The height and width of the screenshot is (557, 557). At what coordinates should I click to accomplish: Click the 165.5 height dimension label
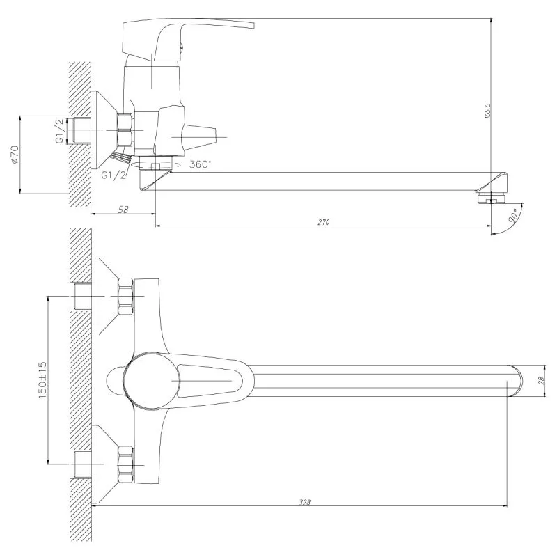pos(487,111)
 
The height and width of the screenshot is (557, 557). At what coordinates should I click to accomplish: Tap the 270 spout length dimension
pos(324,222)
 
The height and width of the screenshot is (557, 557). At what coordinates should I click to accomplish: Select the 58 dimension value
pos(123,210)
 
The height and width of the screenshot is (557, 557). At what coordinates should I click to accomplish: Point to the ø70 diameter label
pos(15,154)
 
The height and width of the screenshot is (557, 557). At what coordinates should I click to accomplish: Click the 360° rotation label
pos(200,164)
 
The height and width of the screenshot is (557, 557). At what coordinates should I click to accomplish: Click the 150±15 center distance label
pos(42,380)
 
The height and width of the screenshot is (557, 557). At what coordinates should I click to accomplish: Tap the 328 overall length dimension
pos(305,502)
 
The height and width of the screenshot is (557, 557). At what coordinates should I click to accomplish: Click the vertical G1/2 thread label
pos(60,131)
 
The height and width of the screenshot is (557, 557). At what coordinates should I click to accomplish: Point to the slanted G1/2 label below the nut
pos(113,175)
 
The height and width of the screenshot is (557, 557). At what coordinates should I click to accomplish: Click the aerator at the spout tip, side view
pos(492,198)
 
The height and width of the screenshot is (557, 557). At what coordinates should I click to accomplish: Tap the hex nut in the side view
pos(125,130)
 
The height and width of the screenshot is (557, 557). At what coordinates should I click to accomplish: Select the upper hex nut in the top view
pos(126,297)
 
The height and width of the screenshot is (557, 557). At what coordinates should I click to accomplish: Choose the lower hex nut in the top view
pos(126,464)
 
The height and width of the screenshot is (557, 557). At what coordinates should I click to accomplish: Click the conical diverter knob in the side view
pos(199,137)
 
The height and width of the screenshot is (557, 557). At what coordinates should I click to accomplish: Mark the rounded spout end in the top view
pos(515,380)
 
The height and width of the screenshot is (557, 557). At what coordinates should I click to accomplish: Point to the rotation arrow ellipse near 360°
pos(152,165)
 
